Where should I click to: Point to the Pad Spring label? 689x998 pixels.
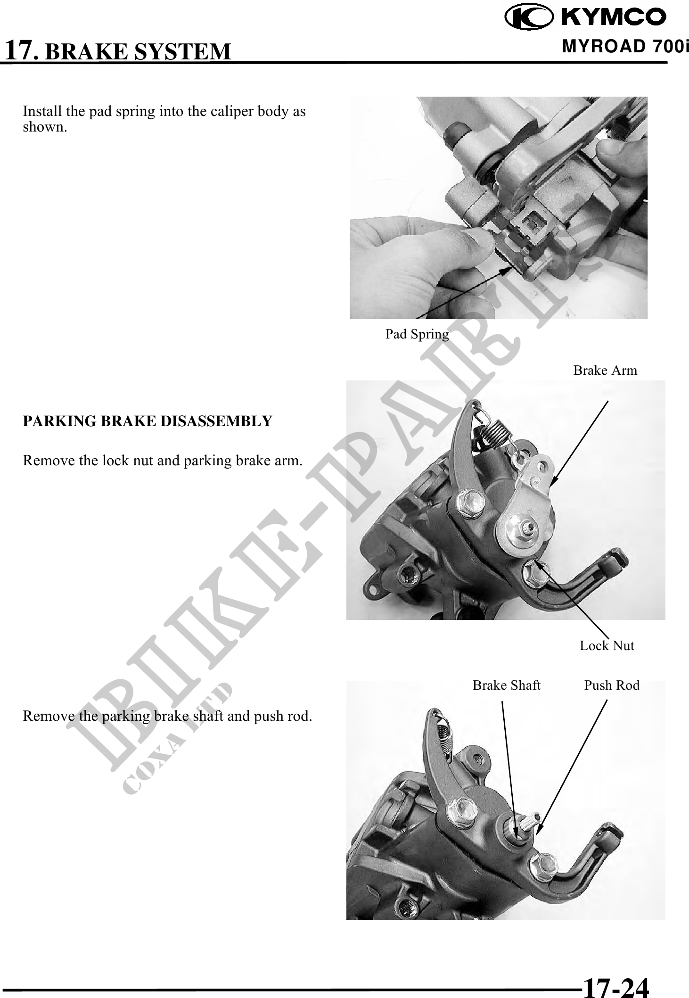[x=417, y=334]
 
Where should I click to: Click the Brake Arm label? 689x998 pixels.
[x=605, y=371]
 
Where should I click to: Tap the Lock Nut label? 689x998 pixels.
[x=607, y=645]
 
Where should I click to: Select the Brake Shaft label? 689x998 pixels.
[x=507, y=685]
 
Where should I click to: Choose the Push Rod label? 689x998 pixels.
[x=612, y=685]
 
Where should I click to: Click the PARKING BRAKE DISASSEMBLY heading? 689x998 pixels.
[x=148, y=421]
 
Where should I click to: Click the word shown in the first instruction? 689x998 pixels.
[x=45, y=127]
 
